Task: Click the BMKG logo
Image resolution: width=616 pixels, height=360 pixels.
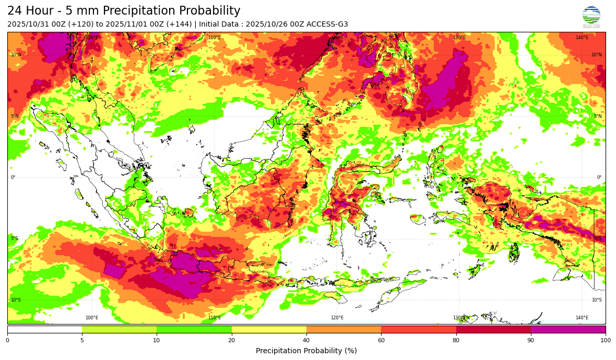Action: coord(591,17)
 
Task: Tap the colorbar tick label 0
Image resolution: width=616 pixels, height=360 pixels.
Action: coord(7,341)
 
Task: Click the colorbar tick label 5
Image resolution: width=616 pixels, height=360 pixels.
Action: coord(82,341)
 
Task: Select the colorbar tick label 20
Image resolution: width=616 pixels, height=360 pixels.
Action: coord(231,341)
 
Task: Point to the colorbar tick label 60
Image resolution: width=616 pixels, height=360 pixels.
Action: coord(381,341)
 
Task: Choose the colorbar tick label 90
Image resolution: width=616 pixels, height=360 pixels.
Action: coord(531,341)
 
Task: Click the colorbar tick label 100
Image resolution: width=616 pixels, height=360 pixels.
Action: coord(605,341)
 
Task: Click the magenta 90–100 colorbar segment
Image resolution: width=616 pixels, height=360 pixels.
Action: coord(568,329)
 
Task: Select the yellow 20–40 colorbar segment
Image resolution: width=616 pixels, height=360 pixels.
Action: coord(269,329)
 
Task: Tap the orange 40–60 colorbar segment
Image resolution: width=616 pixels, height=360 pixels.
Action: coord(343,329)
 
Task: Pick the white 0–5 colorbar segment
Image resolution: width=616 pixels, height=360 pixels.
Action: coord(44,329)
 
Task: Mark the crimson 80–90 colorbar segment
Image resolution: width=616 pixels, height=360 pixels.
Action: coord(493,329)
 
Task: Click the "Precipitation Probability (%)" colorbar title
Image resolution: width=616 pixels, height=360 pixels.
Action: coord(306,351)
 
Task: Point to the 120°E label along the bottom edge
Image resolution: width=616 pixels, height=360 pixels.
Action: coord(337,318)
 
